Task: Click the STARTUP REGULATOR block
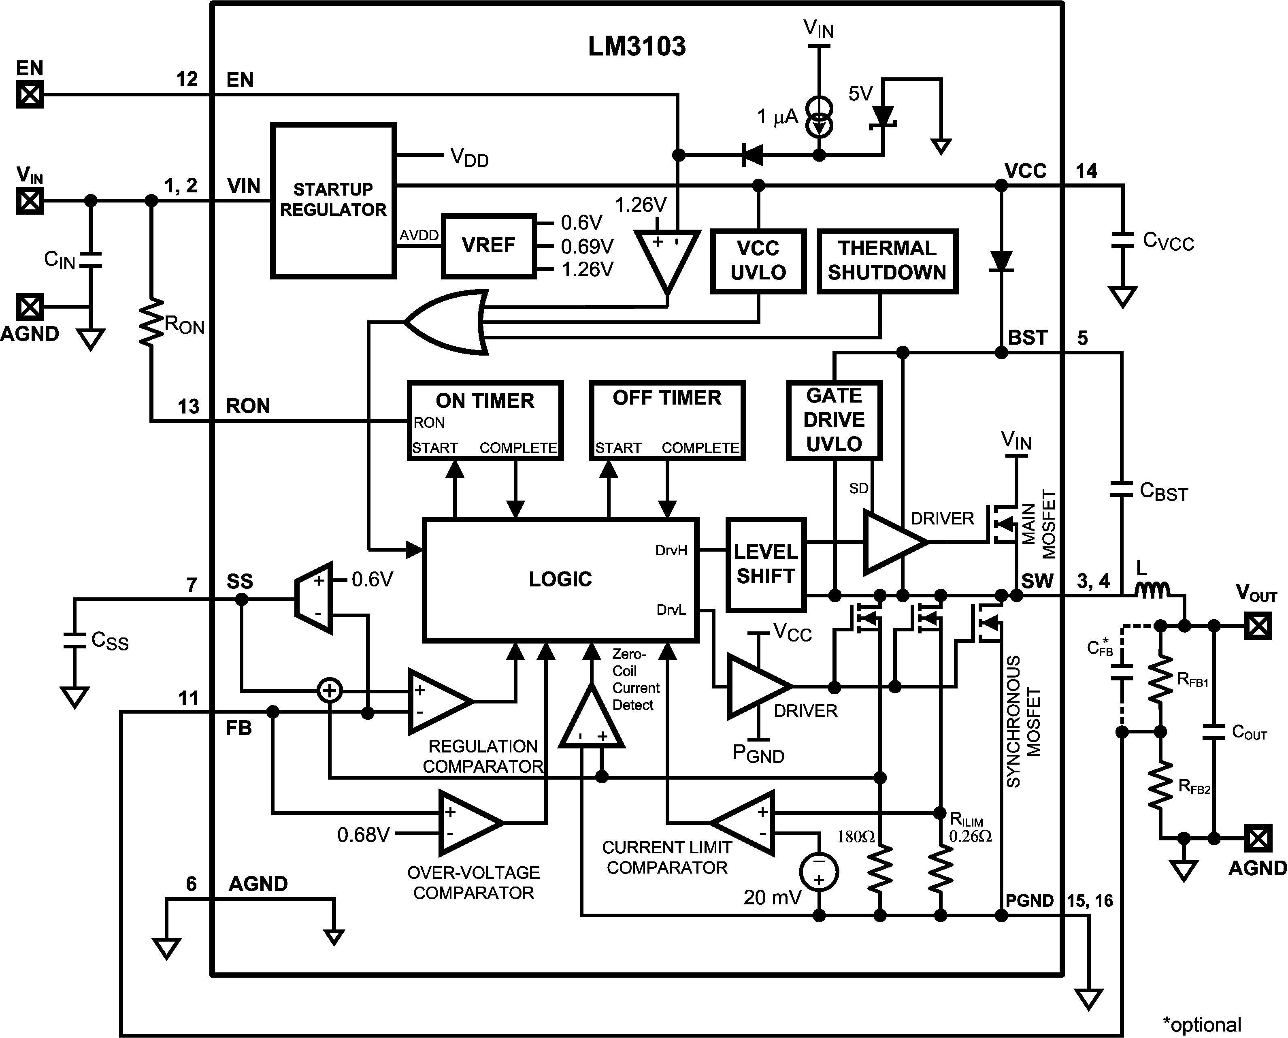[333, 200]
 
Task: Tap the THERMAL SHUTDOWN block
[887, 261]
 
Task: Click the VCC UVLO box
[758, 261]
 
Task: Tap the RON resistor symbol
[151, 323]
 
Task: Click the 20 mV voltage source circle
[819, 871]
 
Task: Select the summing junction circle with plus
[329, 691]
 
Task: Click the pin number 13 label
[188, 407]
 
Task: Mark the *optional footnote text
[1202, 1024]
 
